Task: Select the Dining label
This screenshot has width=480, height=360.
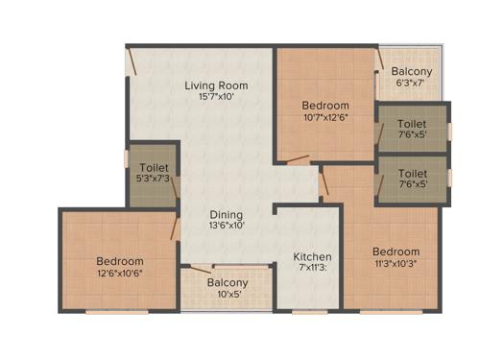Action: [227, 214]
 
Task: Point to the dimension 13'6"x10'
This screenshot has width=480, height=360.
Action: [227, 226]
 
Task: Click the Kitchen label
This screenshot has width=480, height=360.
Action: [313, 256]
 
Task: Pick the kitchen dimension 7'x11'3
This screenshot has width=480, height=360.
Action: [313, 269]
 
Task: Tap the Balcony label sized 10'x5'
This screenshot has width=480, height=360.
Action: [228, 282]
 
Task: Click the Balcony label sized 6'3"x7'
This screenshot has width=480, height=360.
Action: [413, 72]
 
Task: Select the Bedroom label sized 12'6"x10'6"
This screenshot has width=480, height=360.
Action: [119, 261]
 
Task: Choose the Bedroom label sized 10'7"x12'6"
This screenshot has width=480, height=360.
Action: [325, 106]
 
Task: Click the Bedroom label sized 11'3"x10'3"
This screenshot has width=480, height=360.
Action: [396, 252]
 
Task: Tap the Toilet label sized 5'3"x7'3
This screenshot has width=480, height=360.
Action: [154, 168]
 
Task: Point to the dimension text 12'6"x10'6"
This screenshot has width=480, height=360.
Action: [119, 274]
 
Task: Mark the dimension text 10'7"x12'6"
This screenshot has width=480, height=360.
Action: [325, 118]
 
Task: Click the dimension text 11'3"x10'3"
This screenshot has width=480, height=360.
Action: [396, 264]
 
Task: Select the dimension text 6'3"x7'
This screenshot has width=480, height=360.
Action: [413, 84]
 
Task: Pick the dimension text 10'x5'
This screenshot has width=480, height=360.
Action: [228, 295]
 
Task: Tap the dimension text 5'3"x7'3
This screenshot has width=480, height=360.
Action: [154, 180]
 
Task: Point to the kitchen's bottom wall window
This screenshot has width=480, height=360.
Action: [307, 311]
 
